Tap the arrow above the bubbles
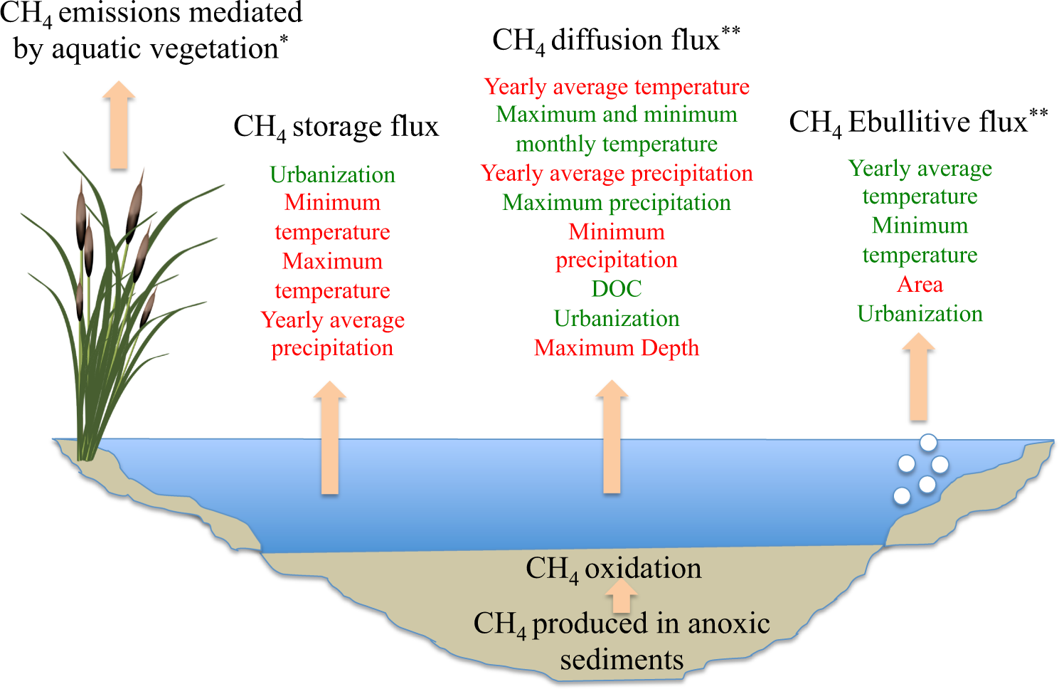tap(918, 377)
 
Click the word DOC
tap(617, 289)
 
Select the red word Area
tap(920, 285)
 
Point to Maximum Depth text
tap(617, 348)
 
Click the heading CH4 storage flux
tap(336, 127)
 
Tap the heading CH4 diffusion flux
tap(616, 41)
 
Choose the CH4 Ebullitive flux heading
tap(917, 122)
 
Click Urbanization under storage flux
tap(332, 175)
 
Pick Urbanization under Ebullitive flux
tap(920, 314)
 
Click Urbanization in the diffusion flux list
tap(617, 319)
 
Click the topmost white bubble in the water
tap(928, 443)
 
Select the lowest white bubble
tap(902, 495)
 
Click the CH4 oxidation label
tap(613, 569)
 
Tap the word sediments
tap(622, 660)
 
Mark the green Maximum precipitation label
tap(617, 203)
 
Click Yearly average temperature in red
tap(617, 87)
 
